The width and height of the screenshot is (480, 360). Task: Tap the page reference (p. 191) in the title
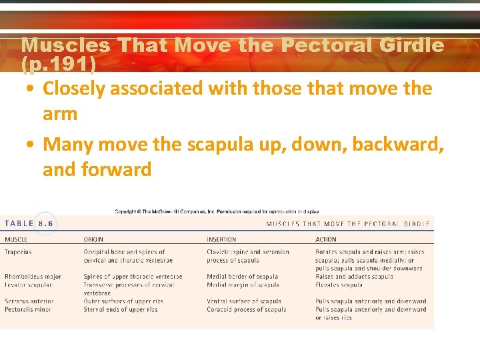pos(59,64)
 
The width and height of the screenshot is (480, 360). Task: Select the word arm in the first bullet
pos(60,114)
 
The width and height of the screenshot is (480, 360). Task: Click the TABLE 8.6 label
pos(29,224)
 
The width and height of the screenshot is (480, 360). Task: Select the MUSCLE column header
pos(17,239)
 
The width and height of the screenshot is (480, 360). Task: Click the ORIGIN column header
pos(93,239)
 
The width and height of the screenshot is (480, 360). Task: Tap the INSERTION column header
pos(221,239)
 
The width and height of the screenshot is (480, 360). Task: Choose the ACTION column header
pos(326,239)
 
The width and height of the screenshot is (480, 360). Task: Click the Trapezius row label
pos(19,252)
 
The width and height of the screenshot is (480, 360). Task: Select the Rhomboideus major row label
pos(33,277)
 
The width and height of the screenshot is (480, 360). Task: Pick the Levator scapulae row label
pos(29,285)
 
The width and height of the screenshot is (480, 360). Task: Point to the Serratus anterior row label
pos(29,301)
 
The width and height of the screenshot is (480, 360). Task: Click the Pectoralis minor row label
pos(29,309)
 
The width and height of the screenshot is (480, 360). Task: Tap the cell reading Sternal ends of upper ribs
pos(121,309)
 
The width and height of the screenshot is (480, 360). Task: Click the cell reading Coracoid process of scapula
pos(247,309)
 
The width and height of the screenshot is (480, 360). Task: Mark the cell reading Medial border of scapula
pos(242,277)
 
